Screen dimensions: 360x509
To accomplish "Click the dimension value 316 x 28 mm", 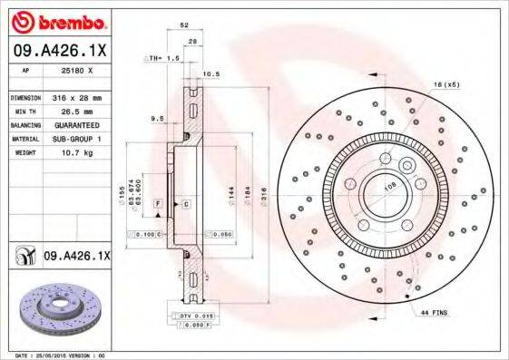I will click(79, 97).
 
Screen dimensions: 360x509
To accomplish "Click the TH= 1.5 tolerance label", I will click(163, 57).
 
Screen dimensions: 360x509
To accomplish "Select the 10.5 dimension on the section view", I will click(210, 74).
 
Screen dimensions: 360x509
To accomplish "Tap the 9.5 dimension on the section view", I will click(156, 117).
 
